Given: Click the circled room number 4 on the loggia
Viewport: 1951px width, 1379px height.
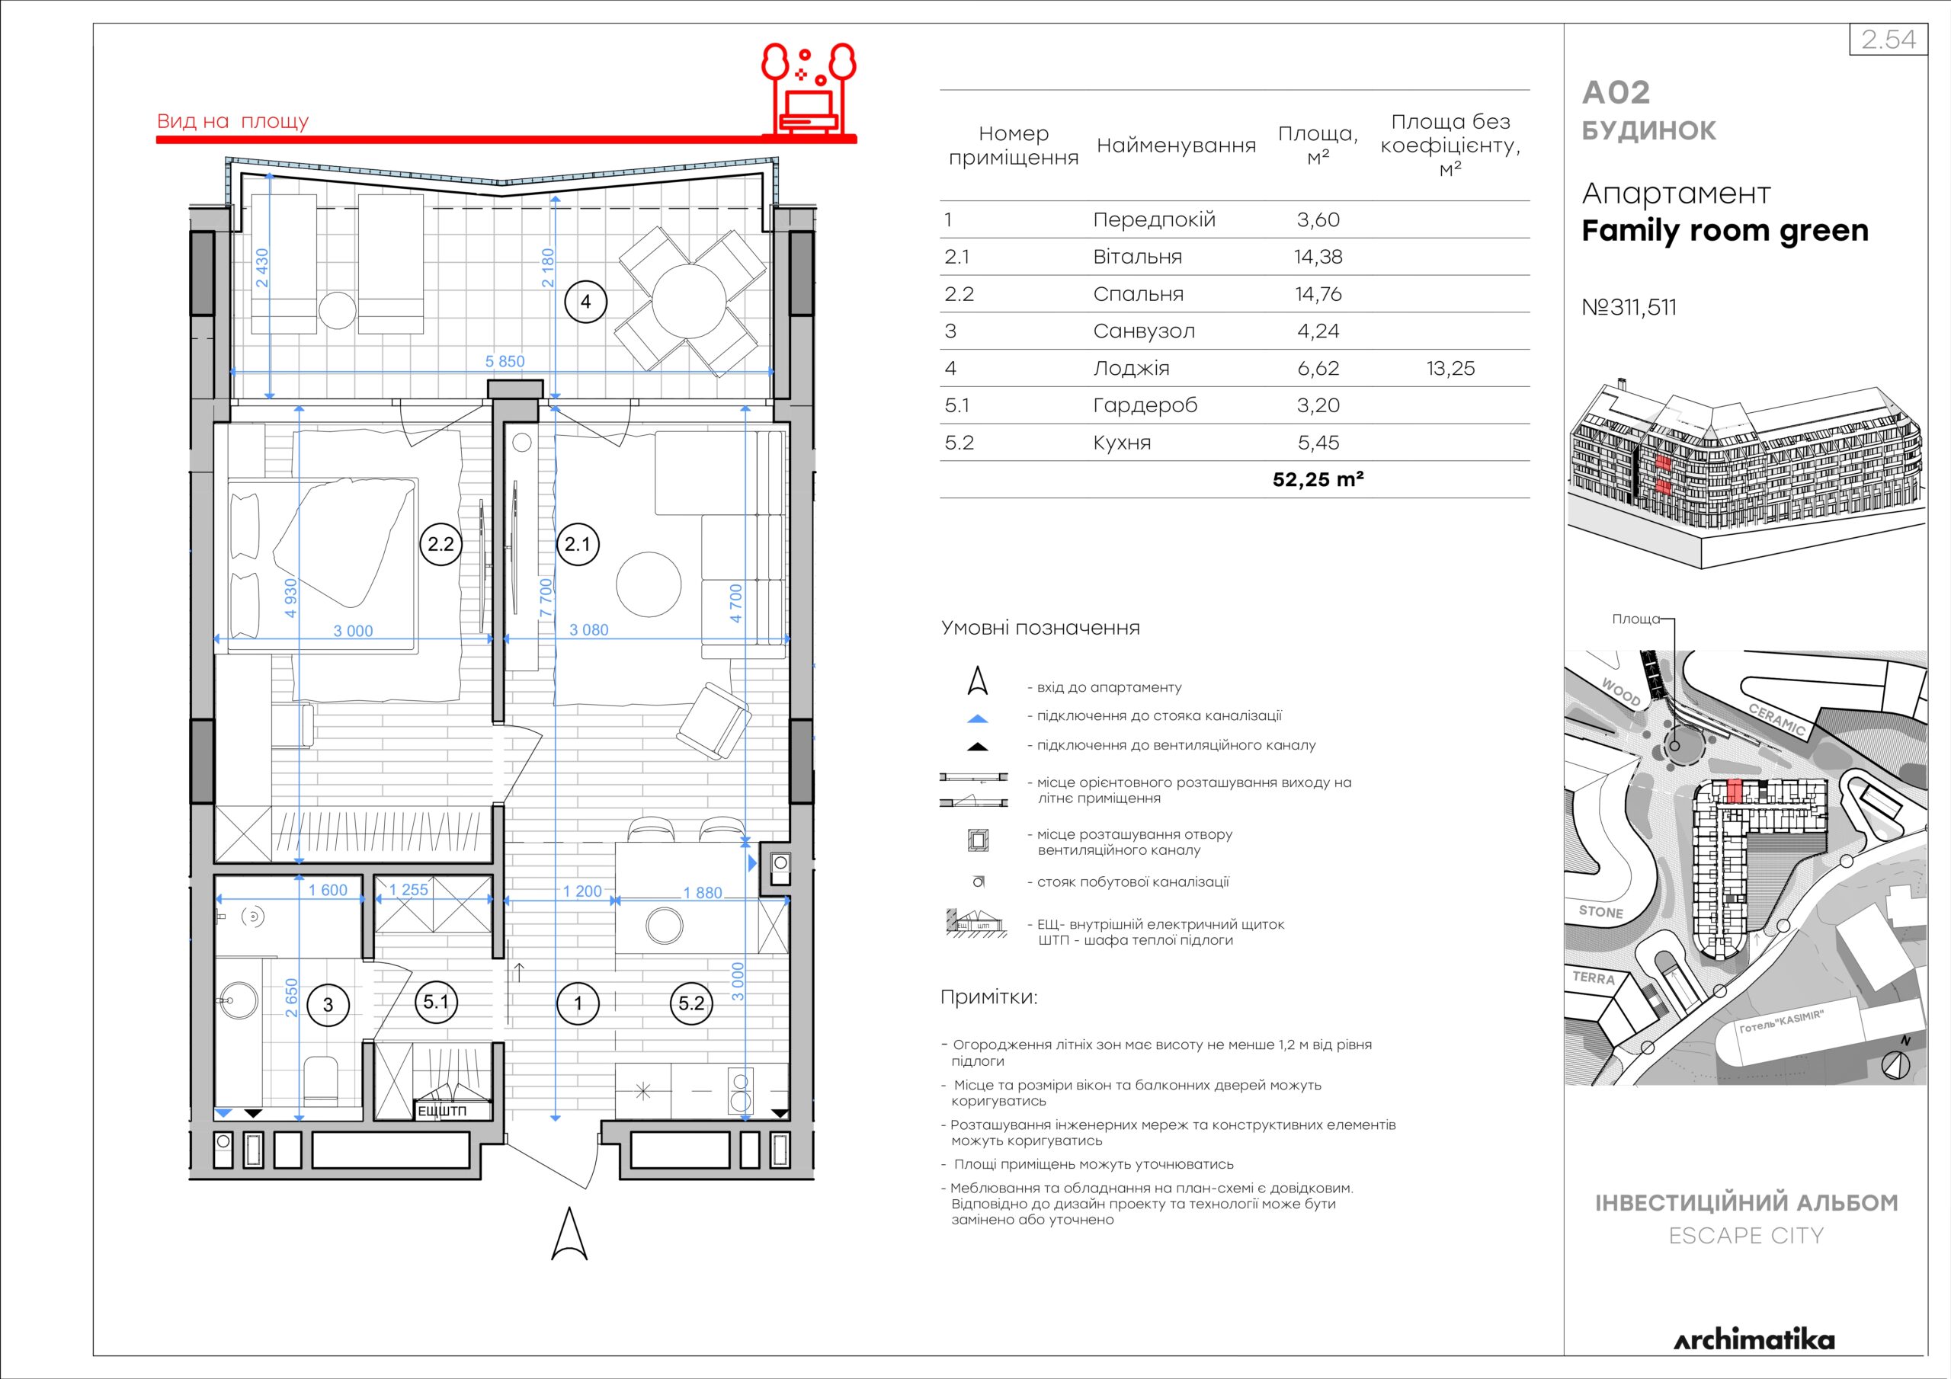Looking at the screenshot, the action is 585,301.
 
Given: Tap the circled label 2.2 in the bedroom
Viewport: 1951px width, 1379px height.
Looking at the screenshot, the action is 440,543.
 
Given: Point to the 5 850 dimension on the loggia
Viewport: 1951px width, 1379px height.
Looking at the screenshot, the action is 505,361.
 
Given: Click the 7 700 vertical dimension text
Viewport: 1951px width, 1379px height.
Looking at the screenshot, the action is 546,597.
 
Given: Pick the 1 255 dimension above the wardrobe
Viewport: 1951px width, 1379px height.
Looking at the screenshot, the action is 408,890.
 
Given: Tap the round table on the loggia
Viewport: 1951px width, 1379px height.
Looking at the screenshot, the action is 689,301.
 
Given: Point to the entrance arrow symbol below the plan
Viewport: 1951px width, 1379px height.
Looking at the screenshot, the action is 569,1233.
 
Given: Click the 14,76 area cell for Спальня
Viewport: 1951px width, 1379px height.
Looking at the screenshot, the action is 1318,294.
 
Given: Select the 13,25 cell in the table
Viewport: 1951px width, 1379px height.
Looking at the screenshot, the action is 1450,369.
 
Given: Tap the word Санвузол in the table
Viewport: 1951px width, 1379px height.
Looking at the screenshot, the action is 1144,331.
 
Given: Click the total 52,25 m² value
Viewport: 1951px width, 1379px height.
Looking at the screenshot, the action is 1318,479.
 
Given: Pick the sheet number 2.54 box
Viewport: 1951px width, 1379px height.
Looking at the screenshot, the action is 1888,40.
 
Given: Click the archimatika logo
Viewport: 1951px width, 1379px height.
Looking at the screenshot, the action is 1754,1341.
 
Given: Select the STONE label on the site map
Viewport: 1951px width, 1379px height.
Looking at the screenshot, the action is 1601,912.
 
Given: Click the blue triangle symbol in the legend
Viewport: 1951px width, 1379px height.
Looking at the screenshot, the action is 978,718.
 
